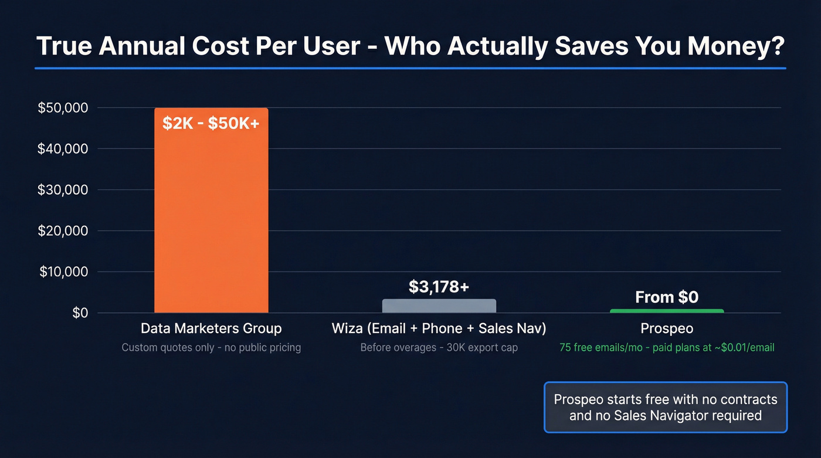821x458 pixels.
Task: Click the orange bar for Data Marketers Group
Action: click(x=211, y=223)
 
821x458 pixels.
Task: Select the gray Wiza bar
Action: click(x=439, y=306)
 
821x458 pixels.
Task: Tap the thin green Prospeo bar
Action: click(x=667, y=311)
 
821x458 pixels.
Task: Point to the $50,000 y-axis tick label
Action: click(x=63, y=108)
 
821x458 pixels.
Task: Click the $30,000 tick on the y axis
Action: click(x=63, y=190)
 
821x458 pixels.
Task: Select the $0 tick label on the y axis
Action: click(x=80, y=313)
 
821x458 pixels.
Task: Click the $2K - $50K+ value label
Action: click(x=211, y=124)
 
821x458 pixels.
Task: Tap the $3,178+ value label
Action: click(x=439, y=287)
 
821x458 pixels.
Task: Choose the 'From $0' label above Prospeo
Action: click(x=667, y=297)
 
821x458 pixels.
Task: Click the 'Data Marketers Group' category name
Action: click(x=211, y=328)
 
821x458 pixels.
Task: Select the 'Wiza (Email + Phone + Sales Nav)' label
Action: click(x=439, y=328)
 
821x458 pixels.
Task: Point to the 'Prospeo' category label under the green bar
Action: click(x=667, y=328)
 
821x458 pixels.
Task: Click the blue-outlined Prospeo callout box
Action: click(x=666, y=408)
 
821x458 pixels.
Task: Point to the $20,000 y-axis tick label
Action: click(x=63, y=231)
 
